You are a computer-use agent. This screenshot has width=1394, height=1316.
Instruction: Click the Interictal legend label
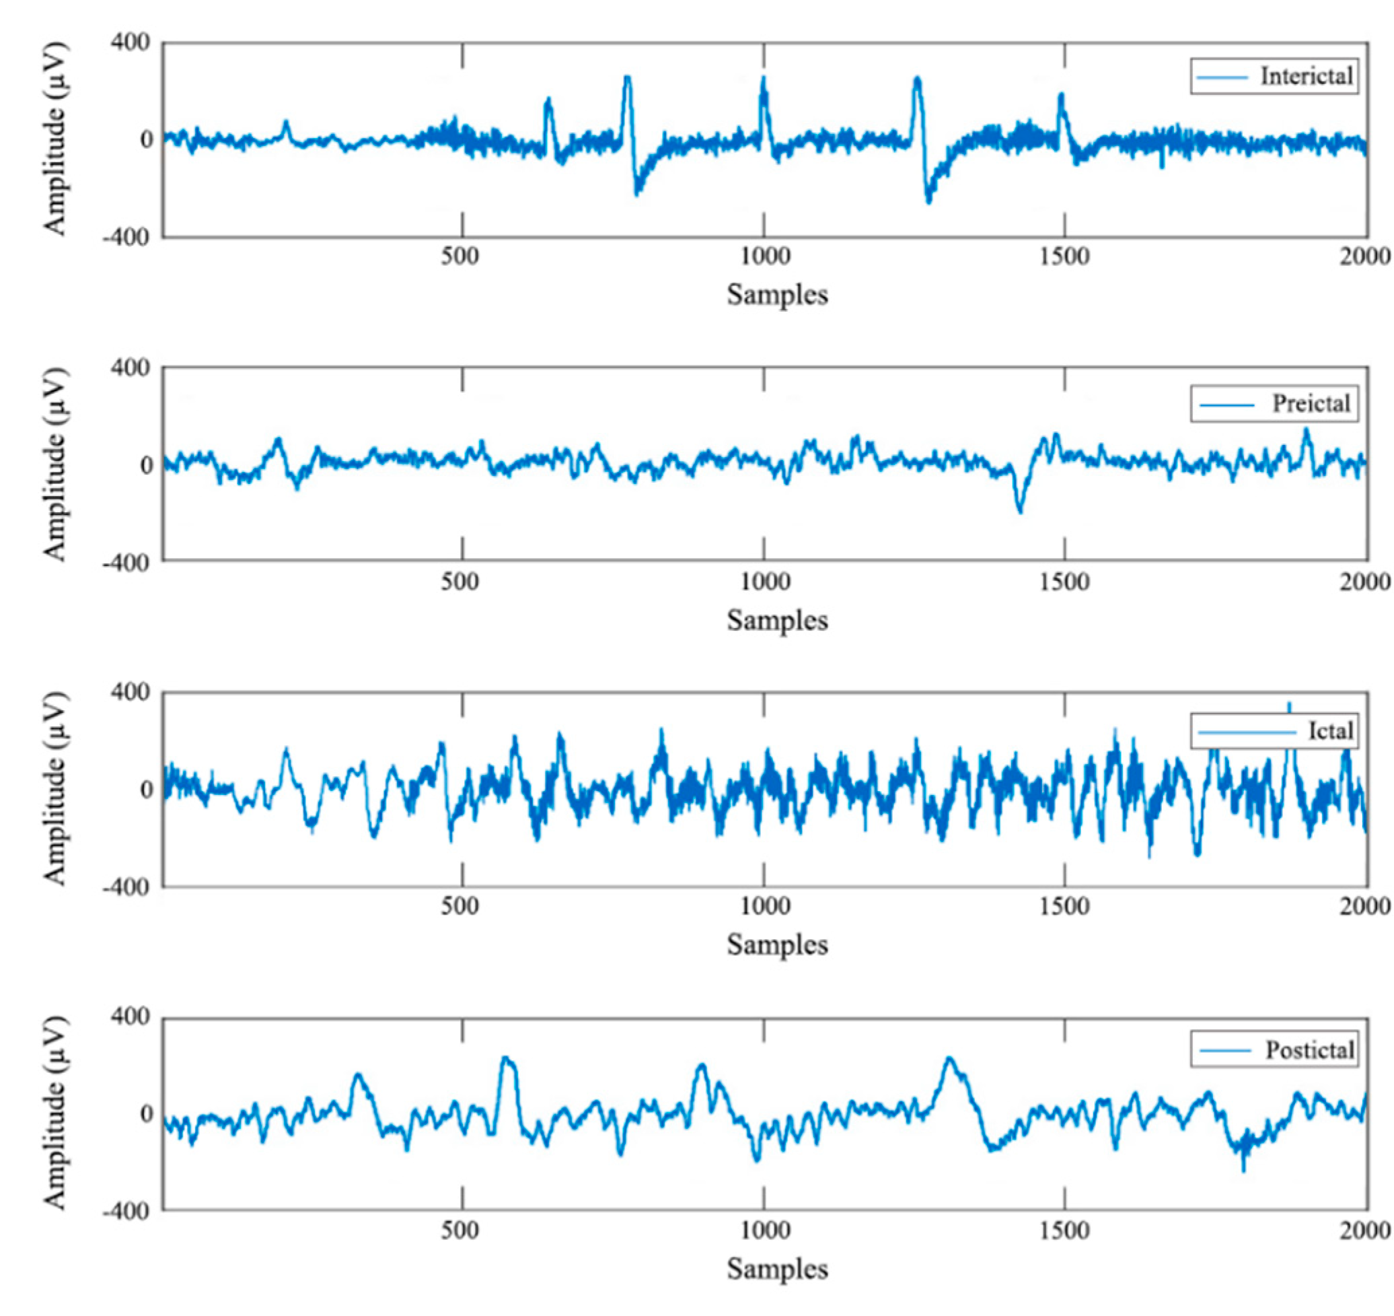[1307, 76]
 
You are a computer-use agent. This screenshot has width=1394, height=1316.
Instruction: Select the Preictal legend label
[1311, 403]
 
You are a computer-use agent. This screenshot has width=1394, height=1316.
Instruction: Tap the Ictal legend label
[1330, 731]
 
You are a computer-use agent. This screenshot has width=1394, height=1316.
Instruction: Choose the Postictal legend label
[1309, 1050]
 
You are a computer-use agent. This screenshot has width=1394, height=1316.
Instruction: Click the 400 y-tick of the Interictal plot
[131, 43]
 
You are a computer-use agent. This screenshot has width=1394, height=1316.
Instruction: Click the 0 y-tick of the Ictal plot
[145, 789]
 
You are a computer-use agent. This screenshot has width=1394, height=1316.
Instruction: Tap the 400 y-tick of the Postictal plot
[131, 1016]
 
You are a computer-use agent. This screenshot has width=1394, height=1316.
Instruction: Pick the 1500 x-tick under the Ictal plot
[1064, 906]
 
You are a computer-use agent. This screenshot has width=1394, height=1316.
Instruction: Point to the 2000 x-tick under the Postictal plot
[1364, 1231]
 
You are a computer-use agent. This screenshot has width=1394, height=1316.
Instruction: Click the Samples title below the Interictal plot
[777, 295]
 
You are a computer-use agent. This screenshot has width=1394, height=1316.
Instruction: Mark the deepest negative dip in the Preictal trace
[1019, 511]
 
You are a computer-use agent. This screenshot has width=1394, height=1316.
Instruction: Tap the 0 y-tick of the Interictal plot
[145, 139]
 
